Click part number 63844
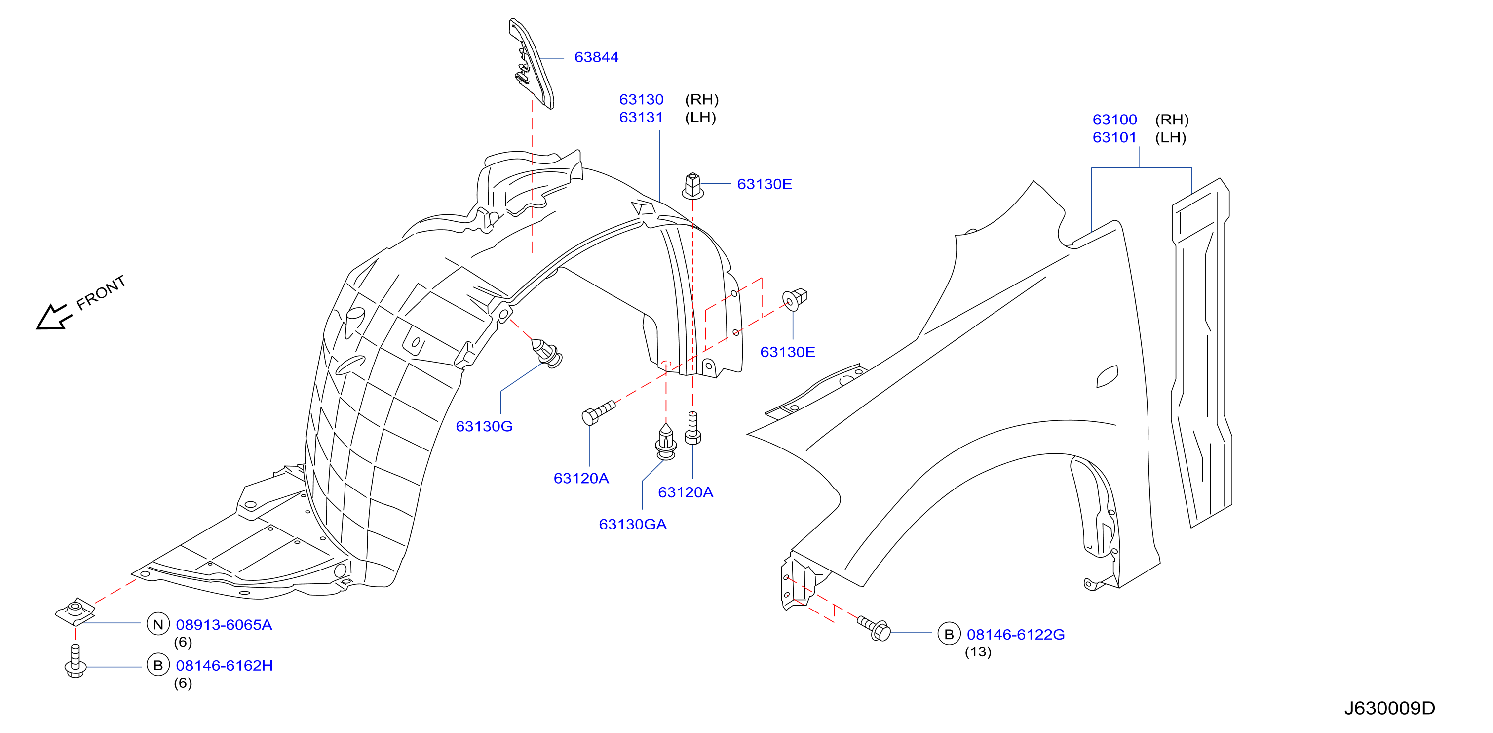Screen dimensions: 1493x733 [596, 57]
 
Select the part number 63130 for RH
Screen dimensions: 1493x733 [641, 100]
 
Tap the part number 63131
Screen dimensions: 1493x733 [641, 118]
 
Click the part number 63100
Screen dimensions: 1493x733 [1114, 120]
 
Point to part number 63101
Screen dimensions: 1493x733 [1114, 138]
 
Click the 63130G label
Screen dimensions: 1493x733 [484, 427]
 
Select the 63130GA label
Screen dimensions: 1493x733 [632, 525]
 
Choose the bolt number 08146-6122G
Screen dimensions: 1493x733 [1015, 635]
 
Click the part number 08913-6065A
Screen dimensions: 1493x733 [224, 625]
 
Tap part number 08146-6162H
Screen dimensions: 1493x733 [224, 666]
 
